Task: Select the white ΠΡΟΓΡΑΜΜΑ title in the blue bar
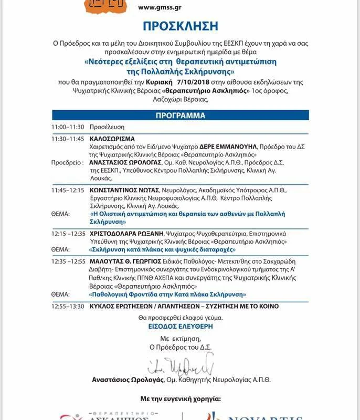pyautogui.click(x=180, y=115)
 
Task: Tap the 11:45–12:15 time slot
pyautogui.click(x=67, y=189)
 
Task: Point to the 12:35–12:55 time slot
pyautogui.click(x=68, y=261)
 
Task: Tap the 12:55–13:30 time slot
pyautogui.click(x=68, y=306)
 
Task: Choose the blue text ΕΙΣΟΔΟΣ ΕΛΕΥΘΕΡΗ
pyautogui.click(x=180, y=326)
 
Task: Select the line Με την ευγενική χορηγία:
pyautogui.click(x=180, y=399)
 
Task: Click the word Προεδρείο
pyautogui.click(x=67, y=163)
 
